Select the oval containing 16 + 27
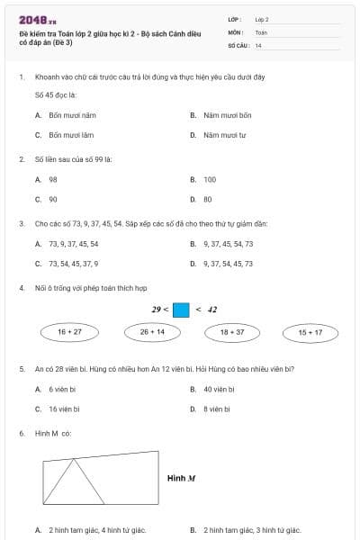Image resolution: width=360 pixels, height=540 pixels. (x=70, y=332)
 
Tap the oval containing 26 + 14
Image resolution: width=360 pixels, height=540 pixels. (x=152, y=332)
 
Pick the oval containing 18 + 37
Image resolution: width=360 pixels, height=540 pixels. (x=232, y=332)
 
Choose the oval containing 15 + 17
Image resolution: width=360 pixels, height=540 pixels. (x=310, y=333)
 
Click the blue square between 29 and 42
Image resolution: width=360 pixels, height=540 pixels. (x=181, y=310)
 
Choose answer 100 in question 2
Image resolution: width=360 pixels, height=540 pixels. (x=210, y=179)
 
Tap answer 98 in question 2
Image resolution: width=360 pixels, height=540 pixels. (x=53, y=179)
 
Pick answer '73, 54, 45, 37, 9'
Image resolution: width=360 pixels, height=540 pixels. (x=74, y=264)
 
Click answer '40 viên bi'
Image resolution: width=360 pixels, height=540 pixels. (x=219, y=389)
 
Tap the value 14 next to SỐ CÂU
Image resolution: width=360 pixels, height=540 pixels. (x=258, y=44)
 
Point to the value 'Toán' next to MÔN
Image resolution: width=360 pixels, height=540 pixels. (x=261, y=31)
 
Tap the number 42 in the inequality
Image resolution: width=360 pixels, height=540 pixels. (x=212, y=310)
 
